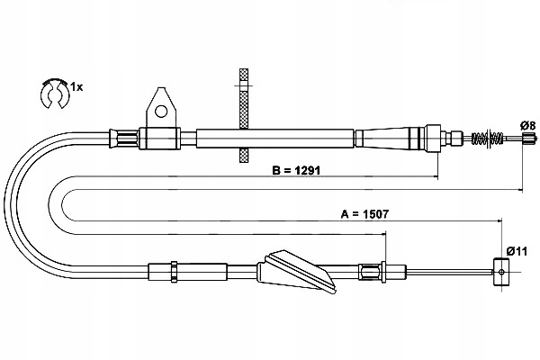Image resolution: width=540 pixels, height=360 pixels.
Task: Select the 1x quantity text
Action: pyautogui.click(x=78, y=86)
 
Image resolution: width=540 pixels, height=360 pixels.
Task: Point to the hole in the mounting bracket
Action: pyautogui.click(x=160, y=112)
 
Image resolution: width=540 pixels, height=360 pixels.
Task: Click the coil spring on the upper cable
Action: pyautogui.click(x=487, y=139)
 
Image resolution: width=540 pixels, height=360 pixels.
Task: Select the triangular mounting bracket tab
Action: pyautogui.click(x=159, y=107)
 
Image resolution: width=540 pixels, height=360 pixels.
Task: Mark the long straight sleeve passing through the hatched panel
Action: pyautogui.click(x=274, y=138)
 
